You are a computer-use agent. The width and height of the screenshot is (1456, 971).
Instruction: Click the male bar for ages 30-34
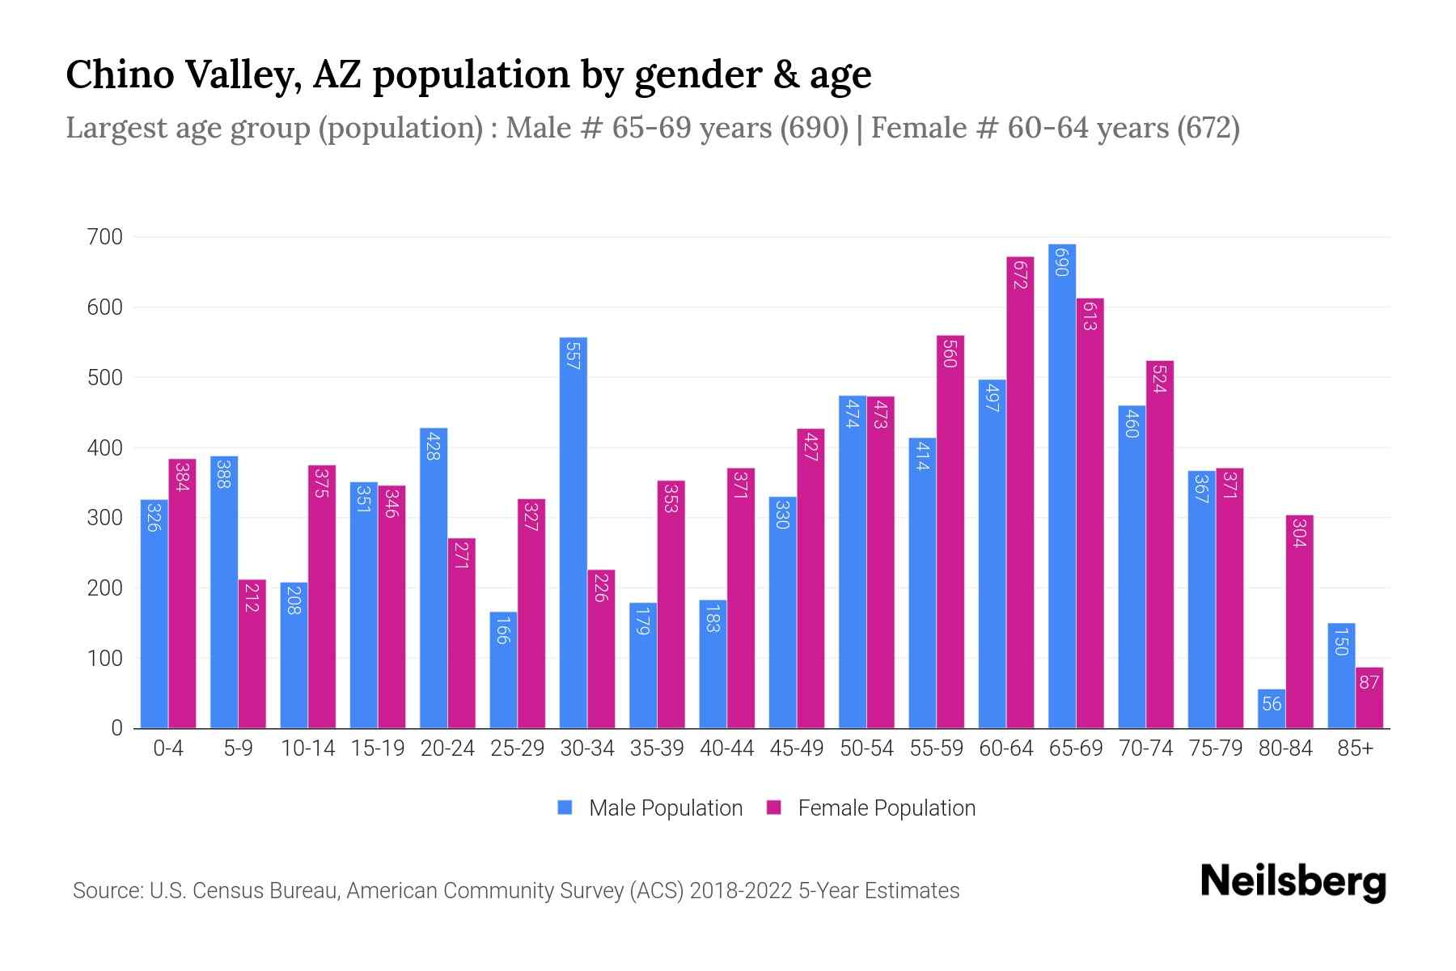pyautogui.click(x=573, y=534)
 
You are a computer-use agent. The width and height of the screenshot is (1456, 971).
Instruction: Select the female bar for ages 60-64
pyautogui.click(x=1020, y=494)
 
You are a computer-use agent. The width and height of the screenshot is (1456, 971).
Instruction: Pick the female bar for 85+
pyautogui.click(x=1369, y=698)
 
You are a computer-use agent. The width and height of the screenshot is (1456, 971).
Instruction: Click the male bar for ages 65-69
pyautogui.click(x=1062, y=485)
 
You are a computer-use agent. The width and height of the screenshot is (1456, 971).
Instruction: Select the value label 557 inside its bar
pyautogui.click(x=573, y=356)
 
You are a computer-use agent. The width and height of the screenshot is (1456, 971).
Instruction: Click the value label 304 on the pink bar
pyautogui.click(x=1299, y=532)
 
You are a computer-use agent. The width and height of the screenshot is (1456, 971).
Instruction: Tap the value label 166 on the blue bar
pyautogui.click(x=502, y=630)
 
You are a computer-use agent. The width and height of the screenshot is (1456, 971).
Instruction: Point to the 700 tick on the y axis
pyautogui.click(x=104, y=237)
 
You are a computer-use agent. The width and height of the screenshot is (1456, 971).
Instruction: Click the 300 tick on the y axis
pyautogui.click(x=104, y=518)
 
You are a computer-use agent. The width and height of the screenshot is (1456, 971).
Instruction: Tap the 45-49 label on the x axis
pyautogui.click(x=797, y=748)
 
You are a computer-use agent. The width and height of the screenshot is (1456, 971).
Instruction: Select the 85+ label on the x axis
pyautogui.click(x=1355, y=748)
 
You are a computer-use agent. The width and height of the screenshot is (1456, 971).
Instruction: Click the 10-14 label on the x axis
pyautogui.click(x=307, y=748)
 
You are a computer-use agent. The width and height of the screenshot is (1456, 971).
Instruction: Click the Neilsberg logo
pyautogui.click(x=1293, y=882)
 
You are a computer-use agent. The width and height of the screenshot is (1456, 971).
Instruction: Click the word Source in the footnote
pyautogui.click(x=107, y=891)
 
